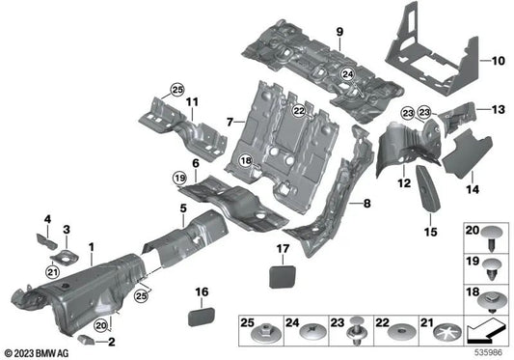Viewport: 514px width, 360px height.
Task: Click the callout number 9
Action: pos(338,34)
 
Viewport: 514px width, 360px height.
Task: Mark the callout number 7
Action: pos(230,123)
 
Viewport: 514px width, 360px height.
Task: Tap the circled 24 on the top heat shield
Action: pos(347,71)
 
